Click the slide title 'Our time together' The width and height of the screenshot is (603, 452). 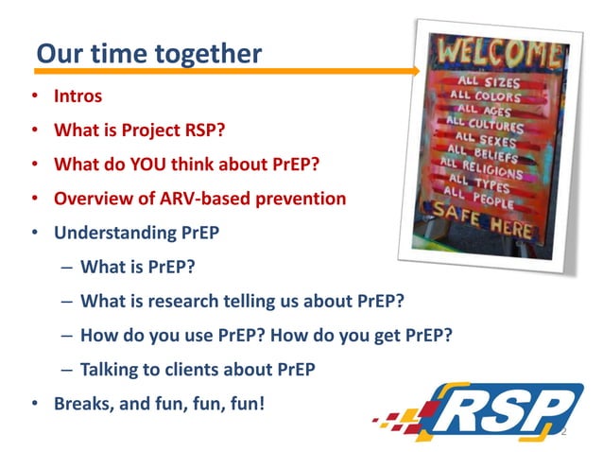pos(148,53)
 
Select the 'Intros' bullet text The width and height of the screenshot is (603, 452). pos(78,96)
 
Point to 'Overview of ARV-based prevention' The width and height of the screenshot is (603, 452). pos(199,199)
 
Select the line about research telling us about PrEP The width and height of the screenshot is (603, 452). pos(243,302)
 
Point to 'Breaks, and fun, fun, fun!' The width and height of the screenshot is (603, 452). pos(159,404)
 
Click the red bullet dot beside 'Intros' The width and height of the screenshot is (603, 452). pos(34,96)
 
